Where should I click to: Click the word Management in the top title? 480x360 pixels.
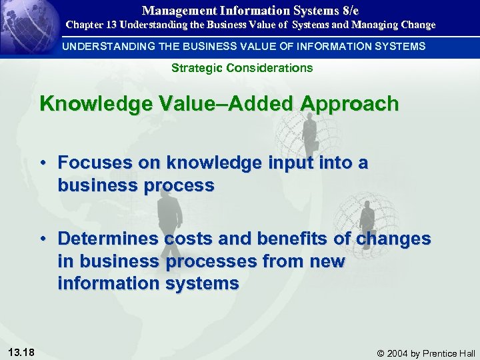[173, 10]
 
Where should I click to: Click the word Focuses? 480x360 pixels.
[89, 163]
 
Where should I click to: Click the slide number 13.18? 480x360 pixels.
[23, 352]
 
